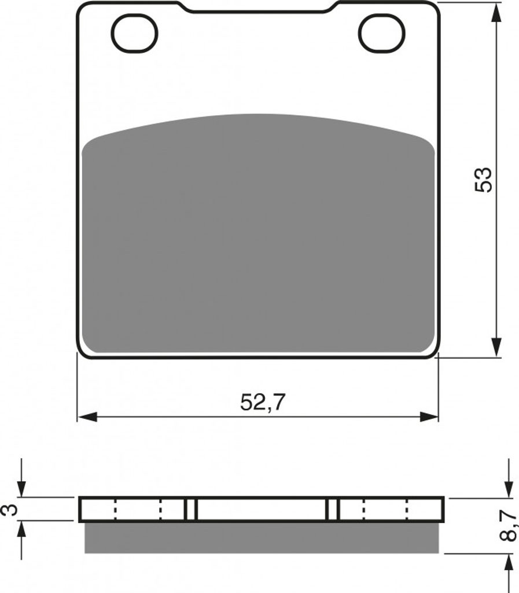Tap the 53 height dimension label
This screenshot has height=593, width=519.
(484, 180)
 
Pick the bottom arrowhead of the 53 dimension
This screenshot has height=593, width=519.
(498, 347)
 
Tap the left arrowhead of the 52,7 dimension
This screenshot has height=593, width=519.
(87, 417)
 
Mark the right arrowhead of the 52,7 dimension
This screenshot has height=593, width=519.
(429, 417)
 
